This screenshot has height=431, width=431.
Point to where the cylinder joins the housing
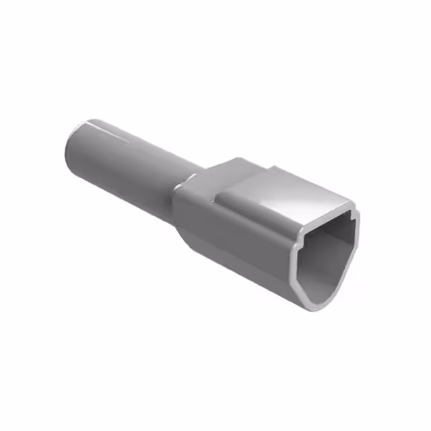pos(185,185)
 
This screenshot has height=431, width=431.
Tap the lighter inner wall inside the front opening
pos(340,232)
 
